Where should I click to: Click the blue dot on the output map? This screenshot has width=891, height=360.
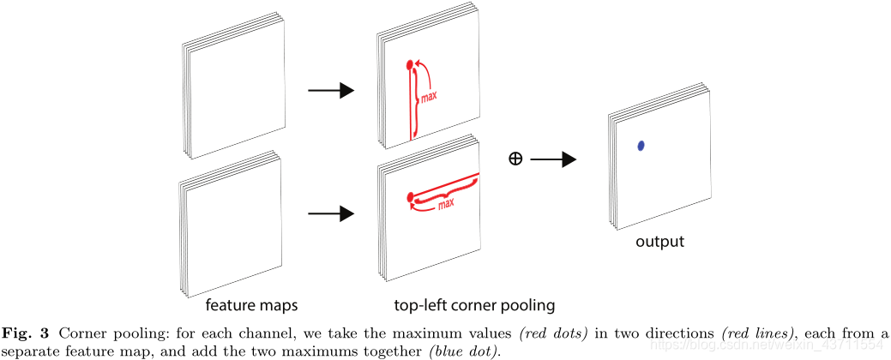(x=640, y=147)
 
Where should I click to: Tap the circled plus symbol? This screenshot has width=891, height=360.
(x=515, y=159)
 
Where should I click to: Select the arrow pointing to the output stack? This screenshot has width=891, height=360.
(x=554, y=159)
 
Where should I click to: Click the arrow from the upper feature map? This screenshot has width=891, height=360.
(x=330, y=90)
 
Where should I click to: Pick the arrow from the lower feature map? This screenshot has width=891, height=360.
(x=330, y=213)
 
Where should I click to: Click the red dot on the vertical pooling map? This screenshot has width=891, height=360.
(x=410, y=63)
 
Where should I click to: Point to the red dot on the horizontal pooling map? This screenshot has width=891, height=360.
(x=411, y=196)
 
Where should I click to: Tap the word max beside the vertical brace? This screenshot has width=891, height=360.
(x=429, y=97)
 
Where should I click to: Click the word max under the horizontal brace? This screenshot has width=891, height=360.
(x=446, y=205)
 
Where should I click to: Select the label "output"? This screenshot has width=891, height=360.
(x=659, y=242)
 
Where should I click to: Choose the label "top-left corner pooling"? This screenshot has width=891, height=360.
(x=474, y=305)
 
